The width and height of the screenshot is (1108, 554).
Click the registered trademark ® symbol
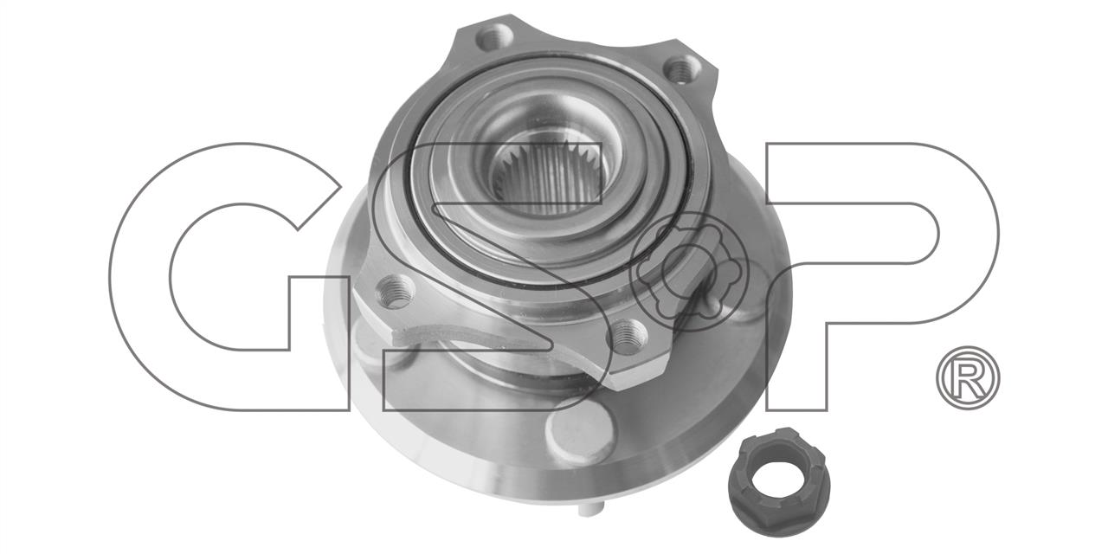tap(968, 377)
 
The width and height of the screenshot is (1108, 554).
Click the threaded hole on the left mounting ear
tap(394, 292)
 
